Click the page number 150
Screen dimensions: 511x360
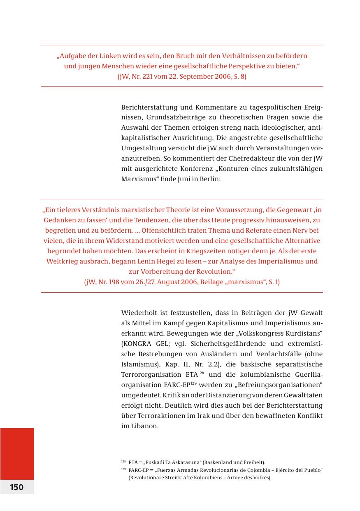[x=17, y=487]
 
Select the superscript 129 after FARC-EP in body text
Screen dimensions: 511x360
[x=193, y=383]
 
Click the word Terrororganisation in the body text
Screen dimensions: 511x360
[x=150, y=375]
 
